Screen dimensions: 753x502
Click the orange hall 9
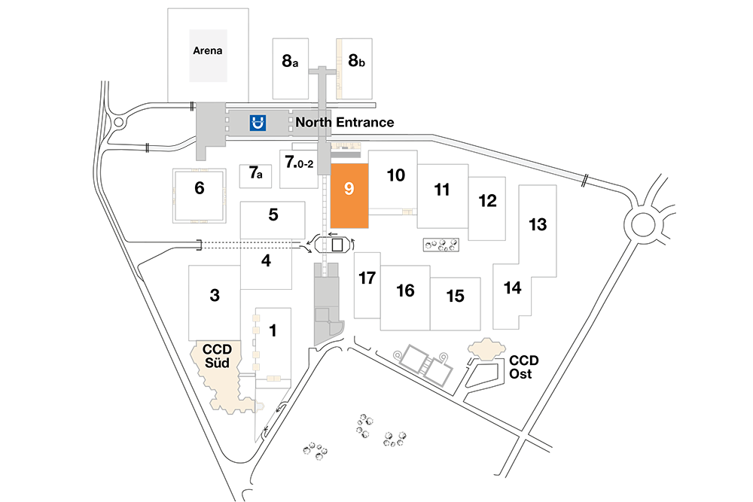349,196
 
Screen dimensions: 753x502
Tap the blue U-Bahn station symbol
258,123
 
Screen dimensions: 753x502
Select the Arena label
208,50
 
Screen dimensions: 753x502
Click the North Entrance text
344,123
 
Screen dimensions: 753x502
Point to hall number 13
538,224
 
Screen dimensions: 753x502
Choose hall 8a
290,61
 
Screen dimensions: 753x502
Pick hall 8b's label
356,60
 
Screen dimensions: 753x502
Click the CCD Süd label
217,356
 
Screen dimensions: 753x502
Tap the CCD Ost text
523,367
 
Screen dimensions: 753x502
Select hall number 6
200,187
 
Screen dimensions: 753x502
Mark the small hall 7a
255,172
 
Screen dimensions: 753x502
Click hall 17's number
367,278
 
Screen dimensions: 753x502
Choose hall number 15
455,296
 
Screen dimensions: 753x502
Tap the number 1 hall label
273,330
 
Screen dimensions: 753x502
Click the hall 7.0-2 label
299,162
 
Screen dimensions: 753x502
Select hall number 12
487,201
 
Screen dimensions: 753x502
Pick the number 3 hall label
215,295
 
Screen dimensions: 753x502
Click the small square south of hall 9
337,245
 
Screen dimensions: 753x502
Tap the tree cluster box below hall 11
441,245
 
